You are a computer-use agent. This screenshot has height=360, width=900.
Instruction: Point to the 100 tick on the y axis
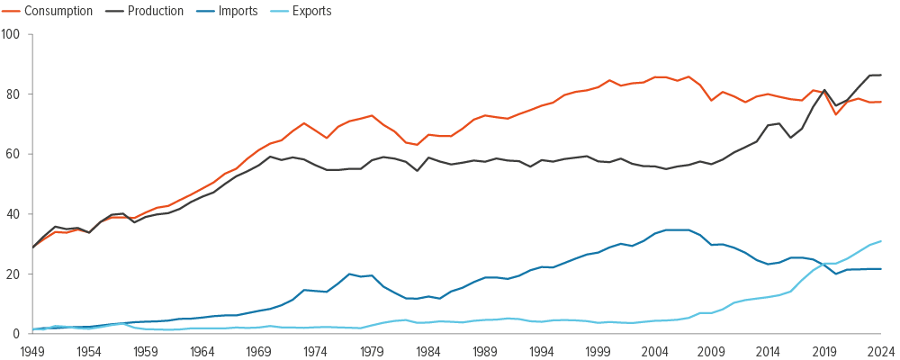coord(13,34)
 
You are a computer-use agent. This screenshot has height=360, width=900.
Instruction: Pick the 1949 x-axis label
coord(33,351)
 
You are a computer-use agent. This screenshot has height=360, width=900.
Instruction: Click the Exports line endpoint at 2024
coord(881,241)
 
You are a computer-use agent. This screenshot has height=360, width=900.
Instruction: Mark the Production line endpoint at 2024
coord(881,75)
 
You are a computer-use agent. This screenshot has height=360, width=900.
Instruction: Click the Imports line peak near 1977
coord(349,274)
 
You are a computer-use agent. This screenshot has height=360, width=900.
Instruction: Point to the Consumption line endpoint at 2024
coord(881,102)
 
